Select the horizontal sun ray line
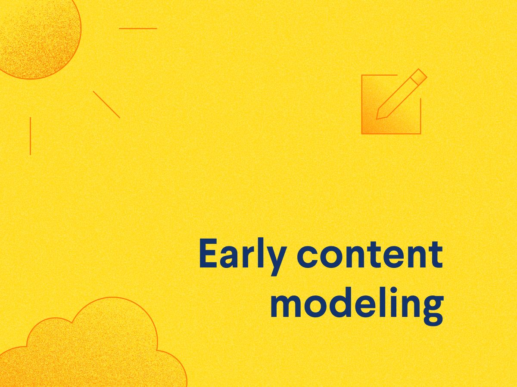tap(138, 28)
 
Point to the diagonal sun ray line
tap(106, 104)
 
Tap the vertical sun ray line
tap(30, 136)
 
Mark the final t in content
tap(436, 254)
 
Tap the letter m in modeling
tap(285, 307)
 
